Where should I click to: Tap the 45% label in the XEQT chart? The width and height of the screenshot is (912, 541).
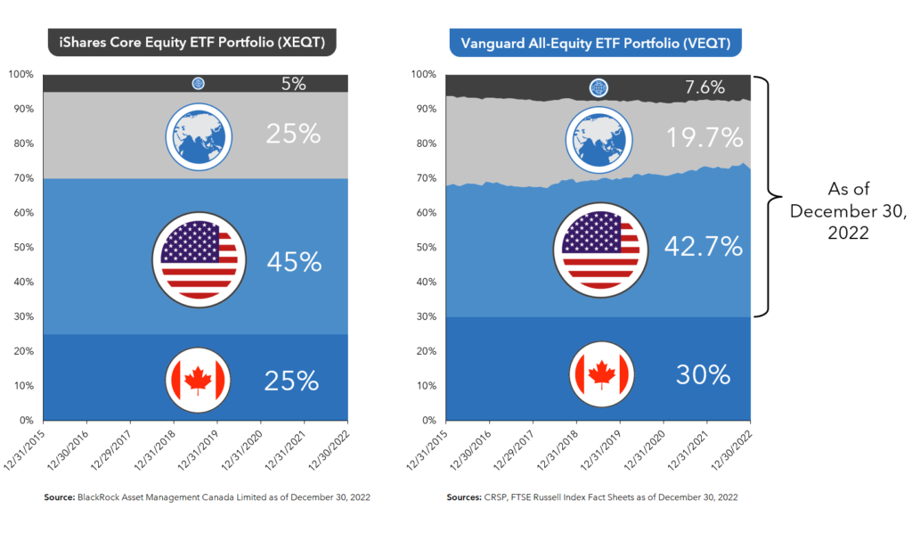(x=293, y=262)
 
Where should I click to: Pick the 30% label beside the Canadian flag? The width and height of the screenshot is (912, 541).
(x=703, y=374)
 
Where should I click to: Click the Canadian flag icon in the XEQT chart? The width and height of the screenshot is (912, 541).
(x=198, y=381)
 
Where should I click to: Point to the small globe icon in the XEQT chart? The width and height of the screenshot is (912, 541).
(x=198, y=84)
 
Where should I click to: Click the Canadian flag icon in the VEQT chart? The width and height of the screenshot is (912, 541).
(x=598, y=374)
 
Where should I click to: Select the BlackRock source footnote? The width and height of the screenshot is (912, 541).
(x=207, y=497)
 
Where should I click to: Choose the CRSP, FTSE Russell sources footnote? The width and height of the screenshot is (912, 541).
(x=592, y=497)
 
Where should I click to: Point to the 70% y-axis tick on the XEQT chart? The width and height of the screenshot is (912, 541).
(x=24, y=178)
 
